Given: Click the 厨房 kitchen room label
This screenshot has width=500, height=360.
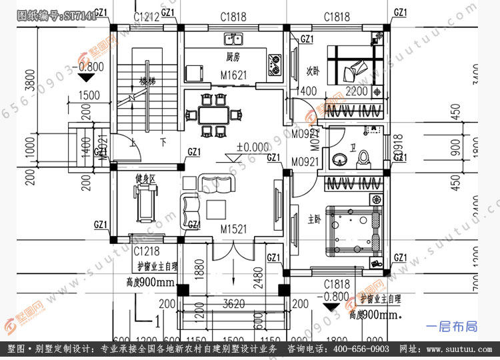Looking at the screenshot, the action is click(x=233, y=57).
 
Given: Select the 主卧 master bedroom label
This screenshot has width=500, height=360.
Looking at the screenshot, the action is click(x=314, y=219).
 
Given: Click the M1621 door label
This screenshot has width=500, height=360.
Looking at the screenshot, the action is click(x=234, y=75).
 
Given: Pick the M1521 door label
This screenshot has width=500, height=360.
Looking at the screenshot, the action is click(x=234, y=229).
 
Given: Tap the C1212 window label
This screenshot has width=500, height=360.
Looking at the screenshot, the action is click(x=147, y=17).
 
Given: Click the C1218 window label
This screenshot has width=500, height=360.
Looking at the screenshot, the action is click(x=146, y=251).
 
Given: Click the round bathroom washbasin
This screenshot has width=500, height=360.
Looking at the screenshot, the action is click(x=340, y=159).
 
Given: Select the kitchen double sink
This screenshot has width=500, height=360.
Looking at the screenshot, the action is click(x=234, y=39).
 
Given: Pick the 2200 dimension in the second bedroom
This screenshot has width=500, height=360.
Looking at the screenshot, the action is click(x=357, y=91).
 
